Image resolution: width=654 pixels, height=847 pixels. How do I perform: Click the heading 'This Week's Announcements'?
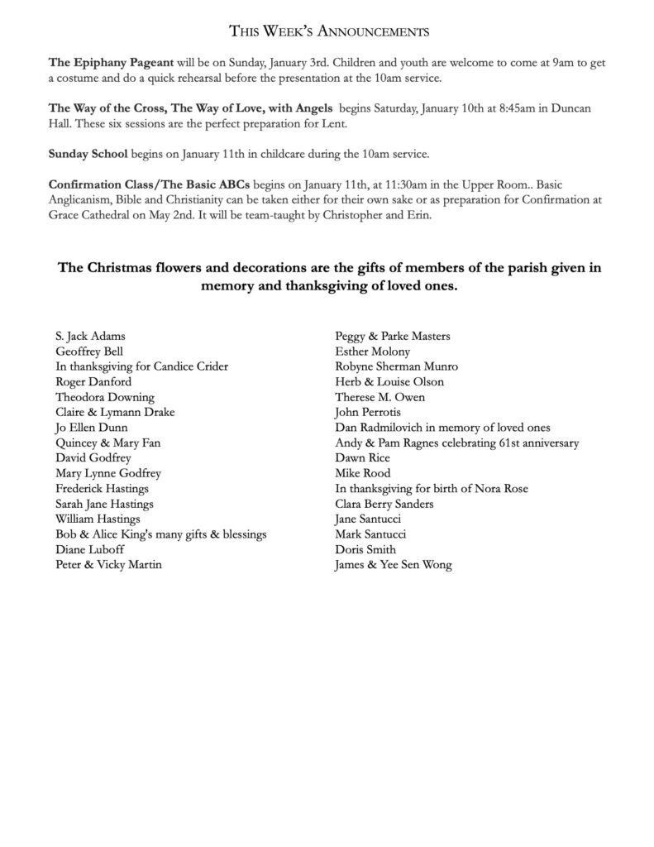[327, 33]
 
